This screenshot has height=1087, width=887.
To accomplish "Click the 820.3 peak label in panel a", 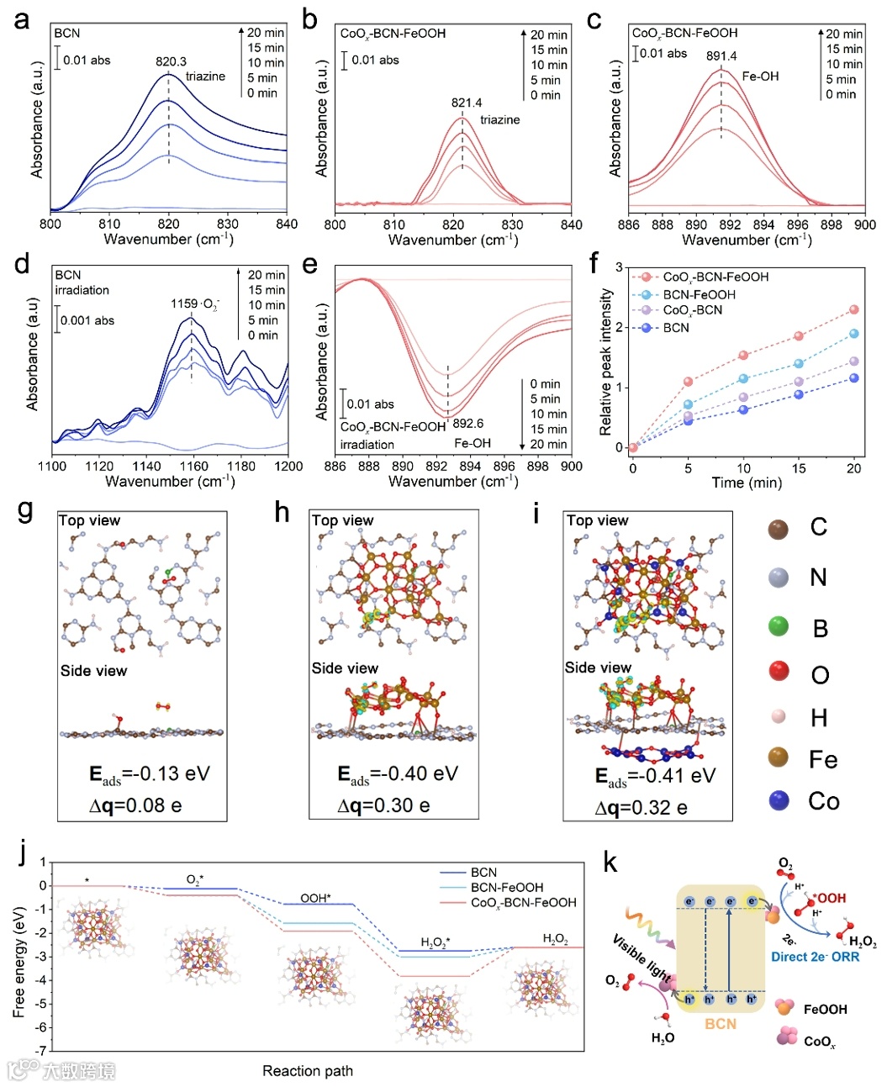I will point(171,61).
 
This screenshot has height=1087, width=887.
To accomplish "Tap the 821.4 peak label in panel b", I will point(467,103).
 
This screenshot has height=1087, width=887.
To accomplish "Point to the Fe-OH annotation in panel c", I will point(760,77).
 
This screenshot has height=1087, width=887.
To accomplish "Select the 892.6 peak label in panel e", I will point(468,424).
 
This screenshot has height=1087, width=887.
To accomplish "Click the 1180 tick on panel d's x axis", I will point(242,467).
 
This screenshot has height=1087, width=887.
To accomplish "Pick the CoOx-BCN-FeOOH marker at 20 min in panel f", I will point(854,310).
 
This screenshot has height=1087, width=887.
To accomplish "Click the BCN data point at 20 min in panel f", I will point(854,378).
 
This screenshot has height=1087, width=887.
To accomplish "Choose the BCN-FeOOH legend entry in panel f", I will point(699,294).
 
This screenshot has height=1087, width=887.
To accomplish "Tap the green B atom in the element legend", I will point(779,626).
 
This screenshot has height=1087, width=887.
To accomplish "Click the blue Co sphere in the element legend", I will point(779,800).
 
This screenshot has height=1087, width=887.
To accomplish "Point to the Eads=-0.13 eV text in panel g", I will point(149,774).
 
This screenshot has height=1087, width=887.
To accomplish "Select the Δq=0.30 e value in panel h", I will point(383,805).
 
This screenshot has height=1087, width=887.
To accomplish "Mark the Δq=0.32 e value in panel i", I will point(641,808).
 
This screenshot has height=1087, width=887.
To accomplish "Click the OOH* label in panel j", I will point(314,898).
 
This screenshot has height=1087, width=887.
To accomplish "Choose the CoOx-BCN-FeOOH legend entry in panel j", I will point(523,902).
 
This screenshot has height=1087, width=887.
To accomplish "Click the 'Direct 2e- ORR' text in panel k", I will point(815,957).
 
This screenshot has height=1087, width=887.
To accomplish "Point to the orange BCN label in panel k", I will point(721,1024).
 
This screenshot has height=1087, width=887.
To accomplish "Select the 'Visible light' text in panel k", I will point(641,958).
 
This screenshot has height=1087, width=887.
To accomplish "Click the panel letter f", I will point(594,263).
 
